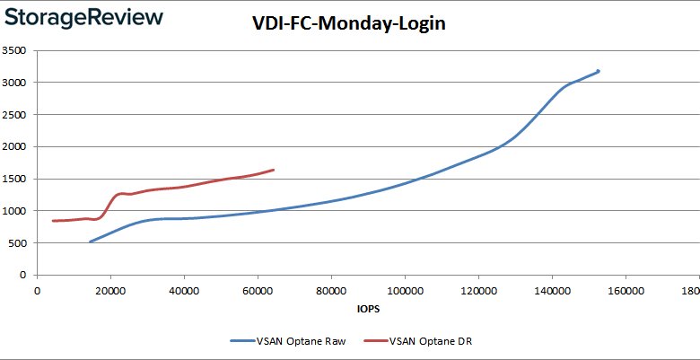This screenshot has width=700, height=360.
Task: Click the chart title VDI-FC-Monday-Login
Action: coord(349,24)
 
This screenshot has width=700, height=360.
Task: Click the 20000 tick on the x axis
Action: coord(110,291)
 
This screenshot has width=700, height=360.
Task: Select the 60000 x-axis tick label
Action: coord(258,291)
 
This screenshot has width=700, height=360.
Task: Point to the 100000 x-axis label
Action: coord(405,291)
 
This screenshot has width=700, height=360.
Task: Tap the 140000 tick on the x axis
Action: coord(552,291)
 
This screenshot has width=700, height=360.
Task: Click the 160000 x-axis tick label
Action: coord(626,291)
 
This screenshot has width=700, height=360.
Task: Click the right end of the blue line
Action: coord(598,71)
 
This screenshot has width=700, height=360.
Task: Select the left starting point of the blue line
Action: coord(90,241)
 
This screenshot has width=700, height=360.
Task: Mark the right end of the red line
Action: coord(273,170)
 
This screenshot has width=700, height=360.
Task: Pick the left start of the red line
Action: coord(53,221)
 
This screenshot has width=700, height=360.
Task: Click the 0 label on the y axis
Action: coord(24,276)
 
